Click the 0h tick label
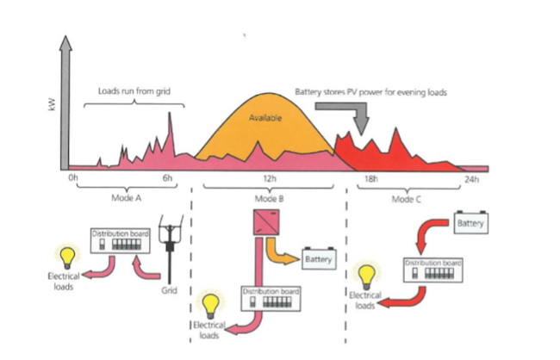point(73,178)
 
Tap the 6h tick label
point(168,178)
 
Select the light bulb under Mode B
point(208,306)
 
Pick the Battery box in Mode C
point(470,223)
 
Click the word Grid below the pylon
point(170,289)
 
